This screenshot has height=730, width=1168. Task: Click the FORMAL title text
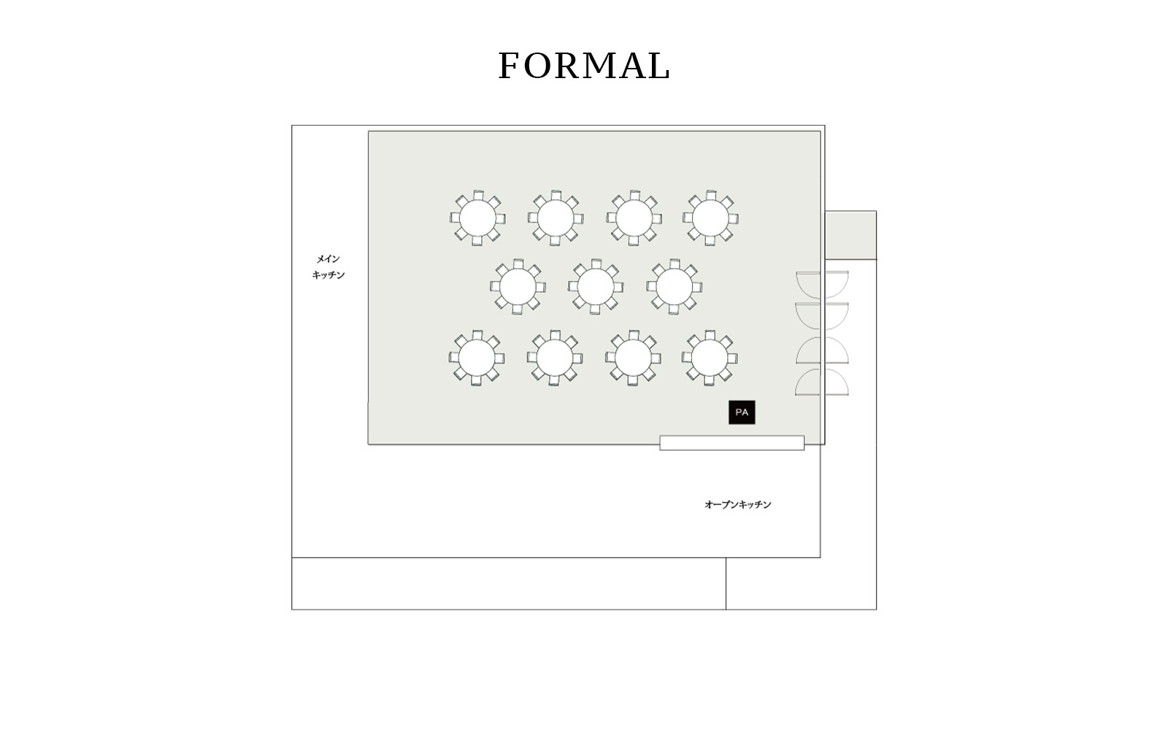click(584, 66)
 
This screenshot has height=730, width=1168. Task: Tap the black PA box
click(742, 412)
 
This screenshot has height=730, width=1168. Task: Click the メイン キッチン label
click(328, 266)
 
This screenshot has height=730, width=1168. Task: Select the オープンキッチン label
click(737, 504)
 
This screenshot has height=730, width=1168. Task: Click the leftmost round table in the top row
click(477, 218)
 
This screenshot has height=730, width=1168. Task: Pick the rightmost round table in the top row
click(710, 218)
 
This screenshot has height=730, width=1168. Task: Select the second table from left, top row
click(556, 218)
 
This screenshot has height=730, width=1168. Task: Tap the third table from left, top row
click(634, 218)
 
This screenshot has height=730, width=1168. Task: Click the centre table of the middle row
click(596, 287)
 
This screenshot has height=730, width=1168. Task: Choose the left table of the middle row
click(518, 287)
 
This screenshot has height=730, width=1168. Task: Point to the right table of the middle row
click(674, 287)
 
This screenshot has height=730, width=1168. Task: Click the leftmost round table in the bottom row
click(477, 358)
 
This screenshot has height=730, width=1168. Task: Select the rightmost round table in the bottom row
click(709, 358)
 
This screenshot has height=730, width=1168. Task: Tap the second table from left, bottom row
click(555, 358)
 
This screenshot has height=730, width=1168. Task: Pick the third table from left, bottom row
click(633, 358)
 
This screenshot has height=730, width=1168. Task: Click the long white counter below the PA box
click(731, 442)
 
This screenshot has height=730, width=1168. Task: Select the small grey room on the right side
click(850, 235)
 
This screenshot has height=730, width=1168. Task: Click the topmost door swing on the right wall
click(822, 284)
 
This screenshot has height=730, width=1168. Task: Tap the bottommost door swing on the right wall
click(822, 383)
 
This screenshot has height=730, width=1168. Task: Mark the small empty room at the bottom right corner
click(801, 583)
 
